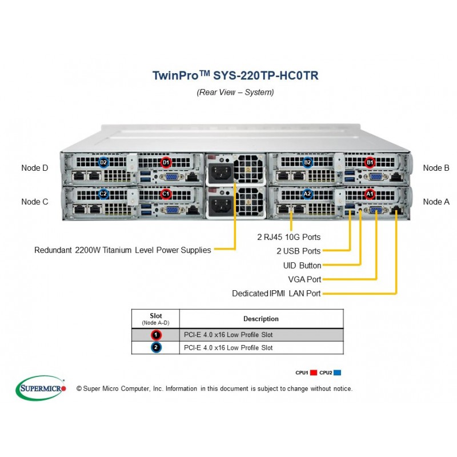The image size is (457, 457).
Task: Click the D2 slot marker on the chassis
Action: pos(103,162)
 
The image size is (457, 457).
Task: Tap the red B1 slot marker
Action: pos(370,162)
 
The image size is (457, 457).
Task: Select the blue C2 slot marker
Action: pos(103,194)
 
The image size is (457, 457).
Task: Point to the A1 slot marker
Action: pos(370,194)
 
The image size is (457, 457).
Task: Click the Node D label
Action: pos(35,168)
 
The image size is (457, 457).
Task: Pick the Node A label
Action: pos(436,202)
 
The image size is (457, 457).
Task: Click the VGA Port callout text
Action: pos(304,279)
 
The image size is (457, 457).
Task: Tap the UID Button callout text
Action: pos(302,265)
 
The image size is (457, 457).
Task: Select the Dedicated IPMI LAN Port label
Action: pos(276,293)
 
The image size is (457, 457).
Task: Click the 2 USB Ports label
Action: pos(298,251)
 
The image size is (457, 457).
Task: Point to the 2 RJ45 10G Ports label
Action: pos(289,237)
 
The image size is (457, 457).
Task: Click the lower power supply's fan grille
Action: pos(249,202)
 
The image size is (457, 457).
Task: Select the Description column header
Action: pos(261,319)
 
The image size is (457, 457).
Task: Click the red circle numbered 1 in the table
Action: pos(156,335)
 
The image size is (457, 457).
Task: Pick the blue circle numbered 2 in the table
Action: pos(156,347)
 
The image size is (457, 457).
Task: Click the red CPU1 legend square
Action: pos(314,372)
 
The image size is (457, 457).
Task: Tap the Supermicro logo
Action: pos(41,388)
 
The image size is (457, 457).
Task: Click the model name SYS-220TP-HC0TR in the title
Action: pos(266,75)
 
